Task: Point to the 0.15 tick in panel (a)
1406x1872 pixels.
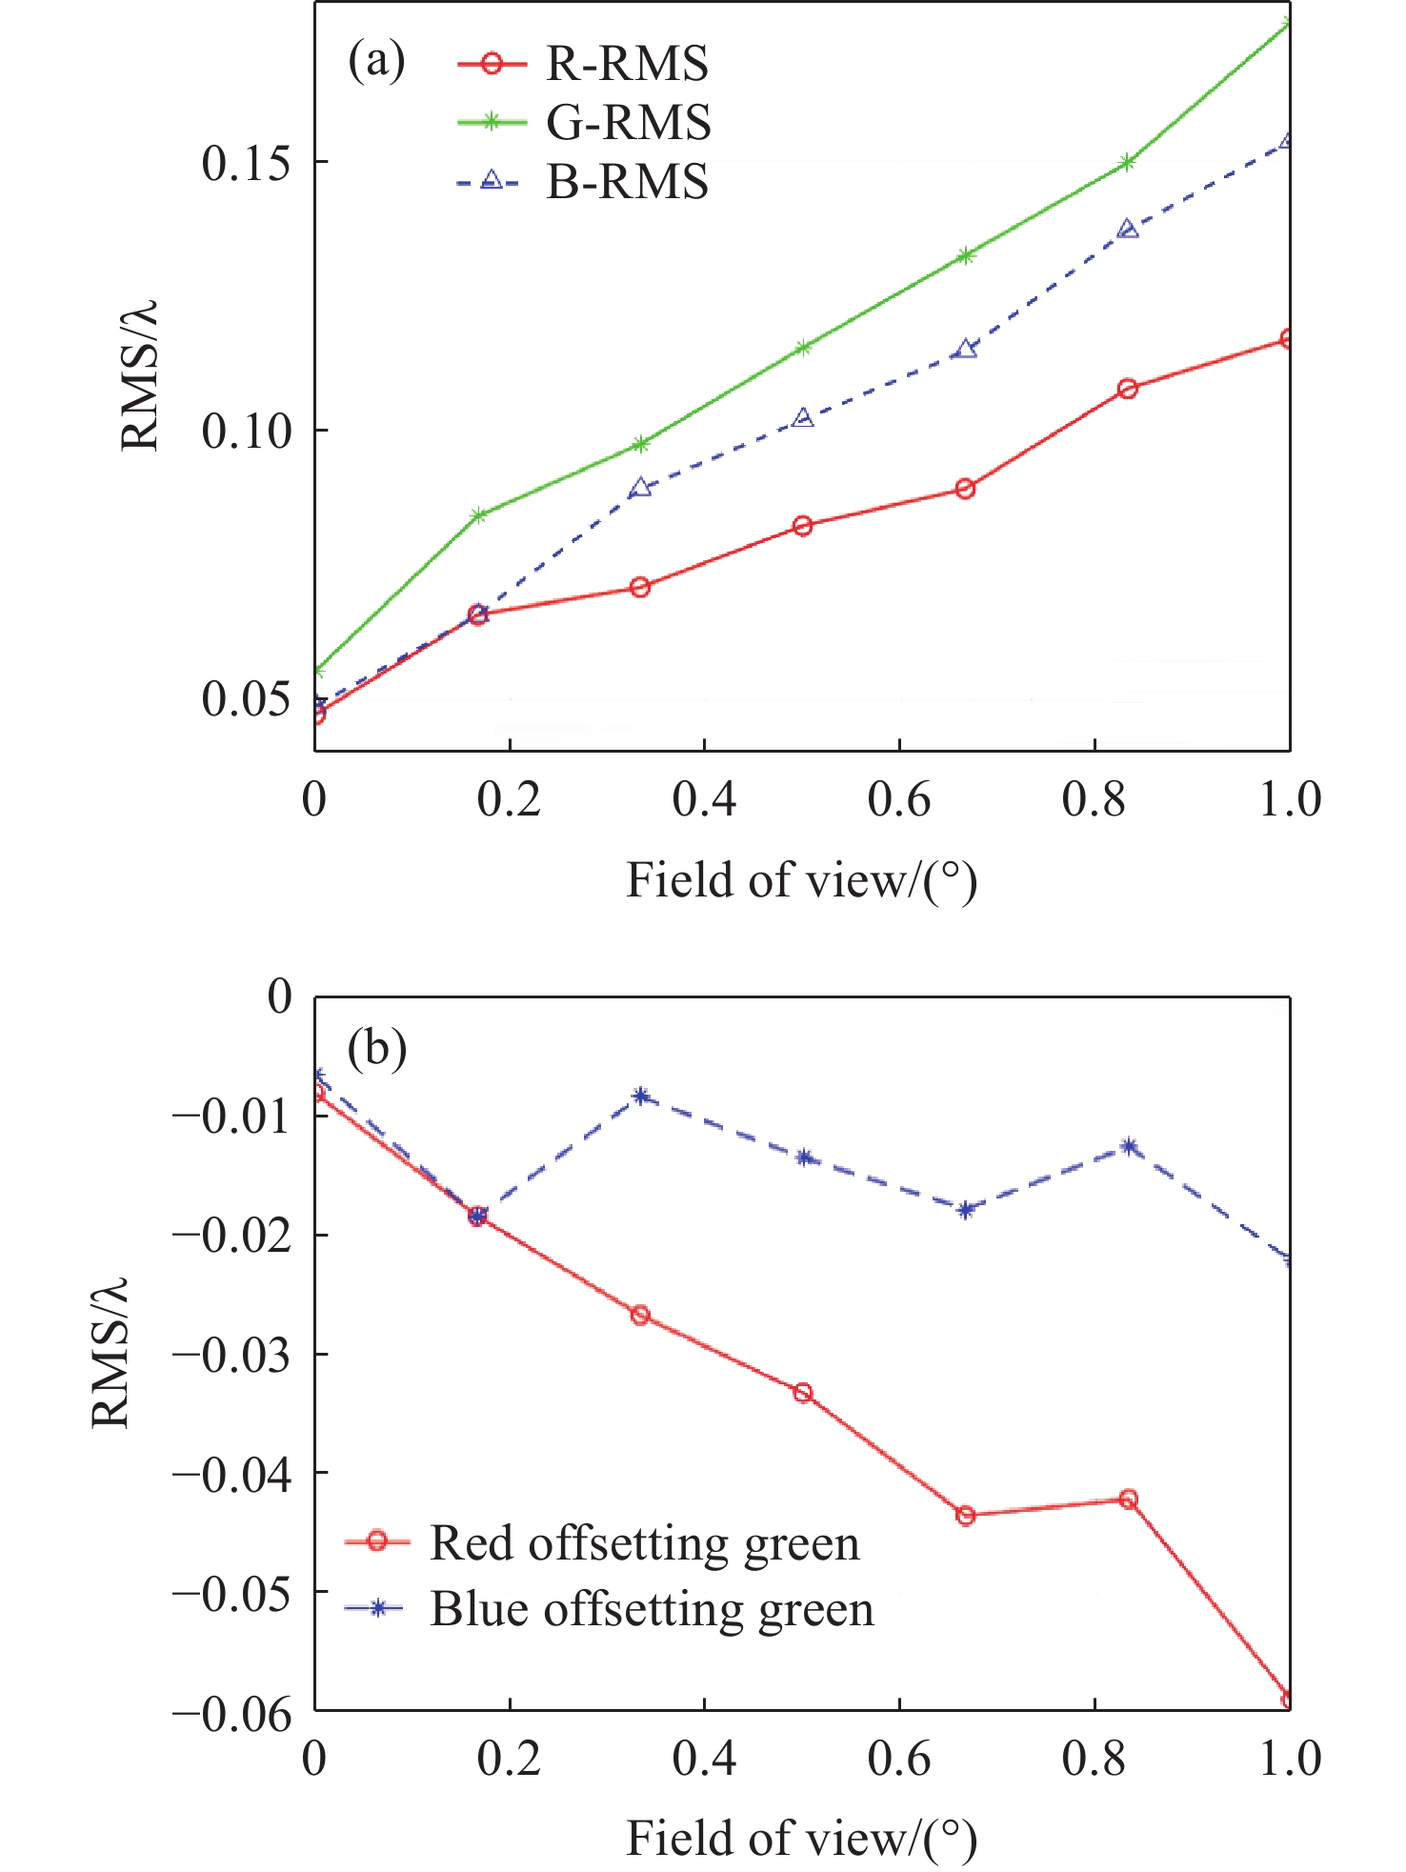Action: point(246,163)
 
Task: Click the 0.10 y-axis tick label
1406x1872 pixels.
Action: point(246,431)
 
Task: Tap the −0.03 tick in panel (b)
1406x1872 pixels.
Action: point(232,1354)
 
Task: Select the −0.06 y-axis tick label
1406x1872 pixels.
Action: point(232,1712)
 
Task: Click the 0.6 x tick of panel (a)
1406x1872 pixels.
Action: point(898,798)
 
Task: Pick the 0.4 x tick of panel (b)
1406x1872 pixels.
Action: point(704,1758)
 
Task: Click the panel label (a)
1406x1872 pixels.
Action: point(376,62)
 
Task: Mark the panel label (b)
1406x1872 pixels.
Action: point(377,1049)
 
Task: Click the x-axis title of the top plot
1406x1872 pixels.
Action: point(801,880)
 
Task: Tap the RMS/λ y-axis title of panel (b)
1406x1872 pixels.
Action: point(110,1353)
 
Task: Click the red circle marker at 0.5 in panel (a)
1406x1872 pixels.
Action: point(803,526)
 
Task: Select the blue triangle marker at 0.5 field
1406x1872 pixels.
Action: point(803,417)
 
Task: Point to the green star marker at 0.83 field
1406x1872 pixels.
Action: point(1128,163)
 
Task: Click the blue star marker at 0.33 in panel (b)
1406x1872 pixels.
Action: point(641,1096)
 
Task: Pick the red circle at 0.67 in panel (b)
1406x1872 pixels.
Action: point(966,1516)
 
